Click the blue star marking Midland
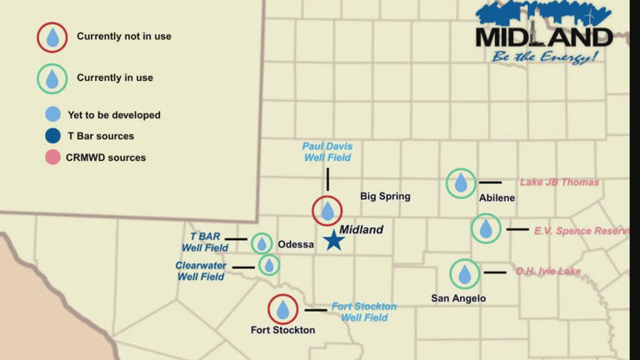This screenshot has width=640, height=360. pos(334,240)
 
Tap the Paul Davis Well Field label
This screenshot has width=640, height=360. pos(327,152)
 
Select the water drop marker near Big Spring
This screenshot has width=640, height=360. pos(327,211)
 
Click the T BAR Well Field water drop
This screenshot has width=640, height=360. pos(262,243)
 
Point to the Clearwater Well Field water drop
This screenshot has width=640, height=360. pos(268,265)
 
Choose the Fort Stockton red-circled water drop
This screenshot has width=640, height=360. pos(283,310)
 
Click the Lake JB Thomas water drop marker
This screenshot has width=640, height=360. pos(461,183)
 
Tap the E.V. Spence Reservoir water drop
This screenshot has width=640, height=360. pos(486,228)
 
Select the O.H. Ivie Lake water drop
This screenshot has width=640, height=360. pos(465,273)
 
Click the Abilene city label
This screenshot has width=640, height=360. pos(497,198)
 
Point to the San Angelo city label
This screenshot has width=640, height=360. pos(458,298)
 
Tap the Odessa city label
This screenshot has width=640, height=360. pos(297,244)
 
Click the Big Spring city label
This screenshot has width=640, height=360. pos(385,197)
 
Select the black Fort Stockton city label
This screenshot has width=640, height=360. pos(283,331)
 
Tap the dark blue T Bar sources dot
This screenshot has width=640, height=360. pos(52,136)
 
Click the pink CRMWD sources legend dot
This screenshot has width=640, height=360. pos(52,157)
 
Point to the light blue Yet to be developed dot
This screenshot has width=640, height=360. pos(52,115)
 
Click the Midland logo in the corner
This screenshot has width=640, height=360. pos(543,33)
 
